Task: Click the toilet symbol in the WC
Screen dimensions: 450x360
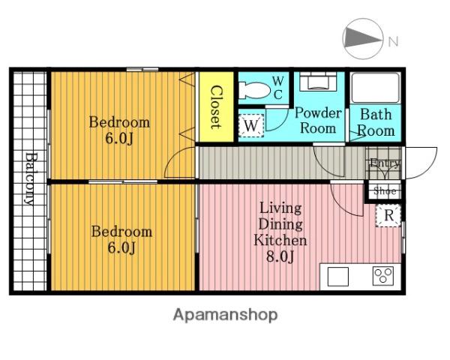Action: coord(254,91)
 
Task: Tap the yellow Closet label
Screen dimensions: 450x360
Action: coord(216,106)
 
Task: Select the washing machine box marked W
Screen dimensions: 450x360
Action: coord(251,125)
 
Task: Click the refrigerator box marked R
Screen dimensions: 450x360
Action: coord(388,215)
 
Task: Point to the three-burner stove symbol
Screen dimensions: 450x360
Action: coord(383,276)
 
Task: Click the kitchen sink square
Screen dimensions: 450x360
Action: coord(338,277)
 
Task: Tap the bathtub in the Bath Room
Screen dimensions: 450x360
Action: coord(376,88)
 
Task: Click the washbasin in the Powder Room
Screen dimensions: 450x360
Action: coord(318,80)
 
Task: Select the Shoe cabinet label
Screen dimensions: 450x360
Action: coord(385,191)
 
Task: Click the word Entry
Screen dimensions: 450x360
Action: coord(385,163)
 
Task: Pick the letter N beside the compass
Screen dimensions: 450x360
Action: coord(394,42)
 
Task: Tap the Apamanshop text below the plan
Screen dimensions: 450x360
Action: coord(226,315)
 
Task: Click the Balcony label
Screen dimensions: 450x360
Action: coord(30,178)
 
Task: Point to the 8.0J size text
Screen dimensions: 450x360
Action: coord(280,256)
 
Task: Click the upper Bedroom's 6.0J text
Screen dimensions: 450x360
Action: coord(119,139)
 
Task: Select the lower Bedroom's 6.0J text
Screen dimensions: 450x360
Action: coord(121,247)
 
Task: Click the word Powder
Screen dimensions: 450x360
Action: coord(318,112)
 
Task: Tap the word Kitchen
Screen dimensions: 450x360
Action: coord(280,240)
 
